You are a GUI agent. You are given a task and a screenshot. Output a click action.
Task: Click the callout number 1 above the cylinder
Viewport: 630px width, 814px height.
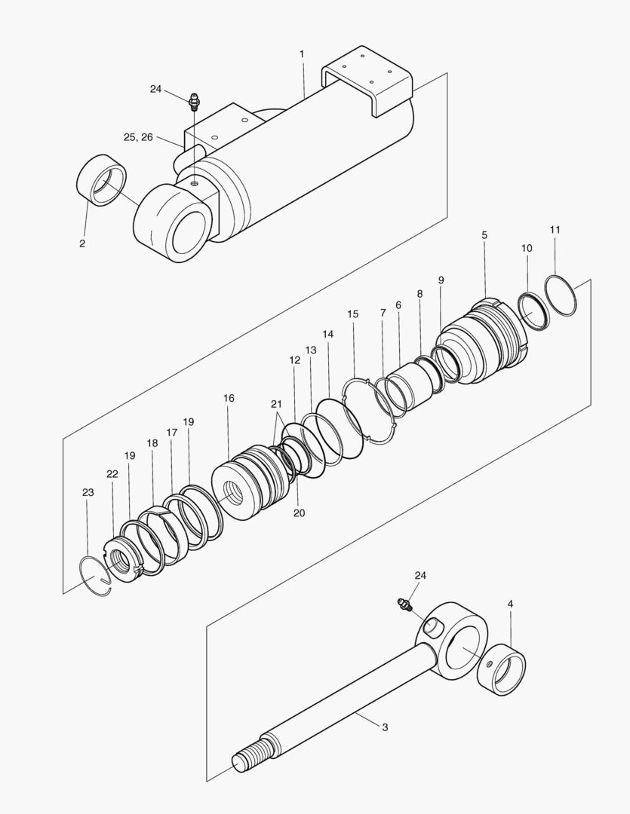tap(302, 54)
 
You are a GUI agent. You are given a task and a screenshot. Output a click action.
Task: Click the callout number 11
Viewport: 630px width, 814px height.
tap(555, 229)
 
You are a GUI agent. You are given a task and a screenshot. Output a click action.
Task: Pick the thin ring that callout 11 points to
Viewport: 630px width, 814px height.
tap(561, 295)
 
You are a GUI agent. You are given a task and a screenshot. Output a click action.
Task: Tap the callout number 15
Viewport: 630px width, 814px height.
tap(353, 314)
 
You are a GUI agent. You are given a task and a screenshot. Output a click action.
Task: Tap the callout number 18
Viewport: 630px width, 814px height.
tap(152, 444)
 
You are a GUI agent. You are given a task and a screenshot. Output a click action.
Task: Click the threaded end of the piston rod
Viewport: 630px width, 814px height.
tap(249, 760)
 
